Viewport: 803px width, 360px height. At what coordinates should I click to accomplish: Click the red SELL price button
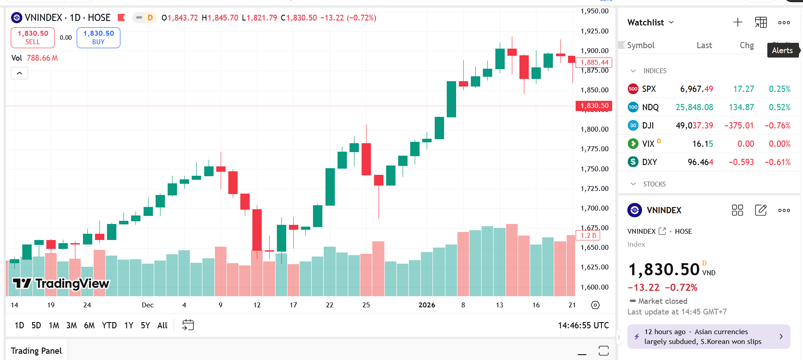33,37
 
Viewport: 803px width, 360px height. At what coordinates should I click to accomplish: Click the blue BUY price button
98,37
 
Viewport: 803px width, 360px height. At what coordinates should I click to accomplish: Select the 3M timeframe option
71,326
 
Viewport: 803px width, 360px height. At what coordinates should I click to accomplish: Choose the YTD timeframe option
109,326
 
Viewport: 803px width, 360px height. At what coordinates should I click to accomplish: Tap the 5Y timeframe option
145,326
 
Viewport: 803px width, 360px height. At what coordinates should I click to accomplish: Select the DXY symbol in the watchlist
649,162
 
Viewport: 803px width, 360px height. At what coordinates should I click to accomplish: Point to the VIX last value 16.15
702,144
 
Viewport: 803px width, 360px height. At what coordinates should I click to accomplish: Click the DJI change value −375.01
739,125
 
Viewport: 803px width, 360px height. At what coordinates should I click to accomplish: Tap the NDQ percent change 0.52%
779,107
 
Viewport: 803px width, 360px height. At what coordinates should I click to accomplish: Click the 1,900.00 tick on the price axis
594,51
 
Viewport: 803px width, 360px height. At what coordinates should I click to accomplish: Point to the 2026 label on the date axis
427,305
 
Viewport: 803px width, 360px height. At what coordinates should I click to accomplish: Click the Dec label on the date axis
148,305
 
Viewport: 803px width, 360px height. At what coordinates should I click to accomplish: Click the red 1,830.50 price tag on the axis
594,106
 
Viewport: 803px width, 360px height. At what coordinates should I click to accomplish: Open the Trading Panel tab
36,351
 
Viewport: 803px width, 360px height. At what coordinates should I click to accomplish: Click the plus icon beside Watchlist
737,22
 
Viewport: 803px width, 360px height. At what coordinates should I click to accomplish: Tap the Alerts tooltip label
782,50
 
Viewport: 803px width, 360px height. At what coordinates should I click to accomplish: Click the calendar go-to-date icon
188,325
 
